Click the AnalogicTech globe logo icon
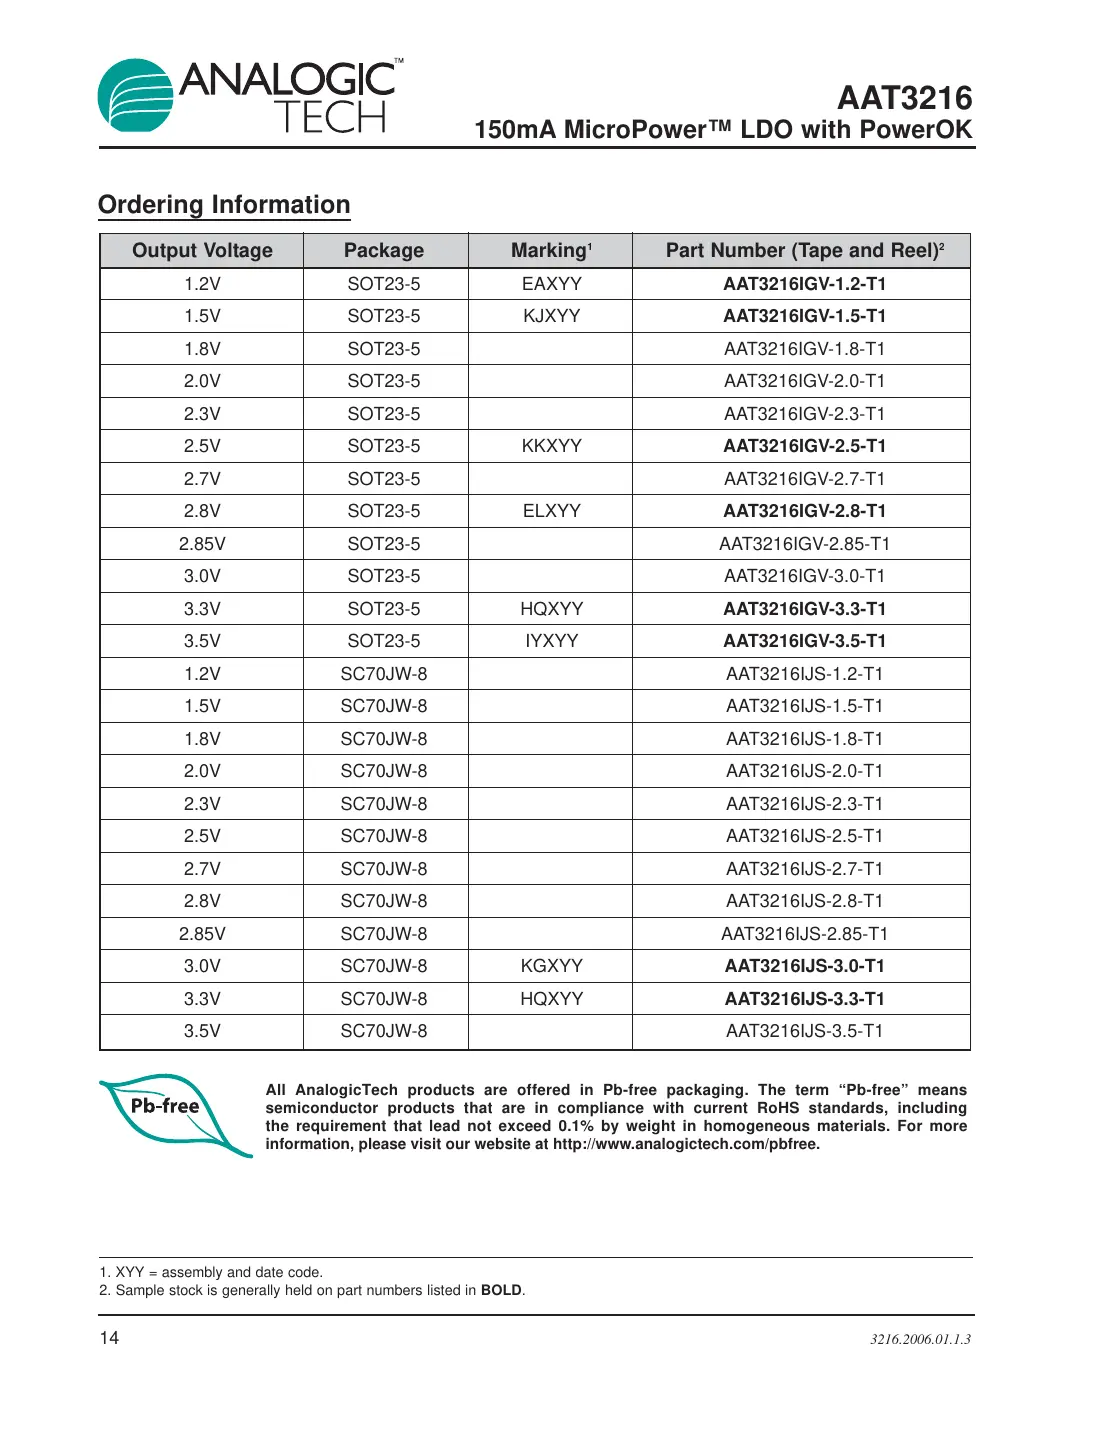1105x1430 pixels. pyautogui.click(x=136, y=96)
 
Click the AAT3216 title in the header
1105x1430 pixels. pyautogui.click(x=904, y=98)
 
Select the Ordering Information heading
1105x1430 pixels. pyautogui.click(x=224, y=205)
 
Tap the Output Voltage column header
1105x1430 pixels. pyautogui.click(x=202, y=251)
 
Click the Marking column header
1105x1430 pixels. pyautogui.click(x=551, y=251)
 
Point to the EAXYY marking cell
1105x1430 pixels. pyautogui.click(x=551, y=284)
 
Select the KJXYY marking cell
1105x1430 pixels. pyautogui.click(x=551, y=316)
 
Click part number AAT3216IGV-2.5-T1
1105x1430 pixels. pyautogui.click(x=804, y=446)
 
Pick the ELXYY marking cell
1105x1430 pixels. pyautogui.click(x=551, y=511)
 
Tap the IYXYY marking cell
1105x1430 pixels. pyautogui.click(x=551, y=641)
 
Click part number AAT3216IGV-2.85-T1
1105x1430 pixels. pyautogui.click(x=804, y=544)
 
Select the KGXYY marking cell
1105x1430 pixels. pyautogui.click(x=551, y=966)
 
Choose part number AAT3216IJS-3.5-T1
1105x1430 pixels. pyautogui.click(x=804, y=1031)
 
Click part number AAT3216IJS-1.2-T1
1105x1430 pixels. pyautogui.click(x=804, y=674)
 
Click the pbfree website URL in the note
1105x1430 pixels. pyautogui.click(x=686, y=1144)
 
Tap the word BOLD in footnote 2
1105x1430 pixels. pyautogui.click(x=501, y=1290)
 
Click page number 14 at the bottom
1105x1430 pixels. pyautogui.click(x=109, y=1338)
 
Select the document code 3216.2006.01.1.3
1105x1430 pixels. pyautogui.click(x=920, y=1339)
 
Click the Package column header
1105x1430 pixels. pyautogui.click(x=384, y=251)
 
